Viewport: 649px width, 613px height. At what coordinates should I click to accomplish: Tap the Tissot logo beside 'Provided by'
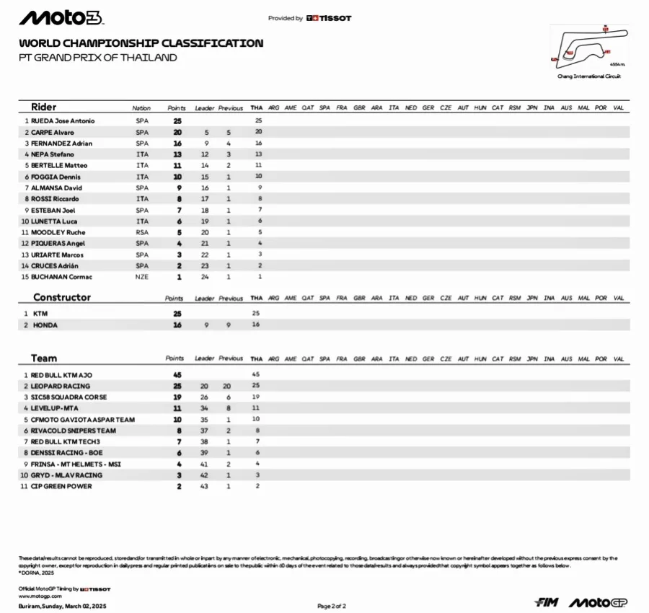tap(329, 18)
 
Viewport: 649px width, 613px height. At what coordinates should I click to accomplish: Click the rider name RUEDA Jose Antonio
tap(63, 121)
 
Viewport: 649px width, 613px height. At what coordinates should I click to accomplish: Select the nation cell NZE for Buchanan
tap(142, 277)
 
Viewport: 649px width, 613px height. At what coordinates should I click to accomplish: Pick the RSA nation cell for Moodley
tap(142, 232)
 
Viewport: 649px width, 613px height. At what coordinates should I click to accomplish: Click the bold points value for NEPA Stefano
tap(177, 154)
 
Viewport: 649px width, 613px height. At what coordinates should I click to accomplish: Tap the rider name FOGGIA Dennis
tap(58, 177)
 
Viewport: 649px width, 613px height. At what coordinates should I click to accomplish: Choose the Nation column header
tap(141, 108)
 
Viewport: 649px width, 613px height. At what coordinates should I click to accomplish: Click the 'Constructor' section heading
tap(62, 297)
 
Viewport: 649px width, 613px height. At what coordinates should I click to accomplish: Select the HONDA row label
tap(45, 325)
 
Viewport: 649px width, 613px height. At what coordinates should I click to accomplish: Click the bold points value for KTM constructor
tap(177, 314)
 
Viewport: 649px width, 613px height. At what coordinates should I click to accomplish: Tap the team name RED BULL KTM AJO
tap(61, 375)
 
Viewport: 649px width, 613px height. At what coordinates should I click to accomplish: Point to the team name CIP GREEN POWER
tap(61, 486)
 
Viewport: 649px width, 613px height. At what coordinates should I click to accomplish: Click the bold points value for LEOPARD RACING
tap(177, 387)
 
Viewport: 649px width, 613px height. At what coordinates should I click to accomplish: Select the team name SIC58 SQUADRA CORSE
tap(69, 397)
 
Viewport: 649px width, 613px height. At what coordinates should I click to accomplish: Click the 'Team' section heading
tap(44, 358)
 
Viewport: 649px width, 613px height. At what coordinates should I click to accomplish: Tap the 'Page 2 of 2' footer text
tap(332, 606)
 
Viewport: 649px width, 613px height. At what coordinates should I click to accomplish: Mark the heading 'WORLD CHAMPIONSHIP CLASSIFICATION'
tap(141, 43)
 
